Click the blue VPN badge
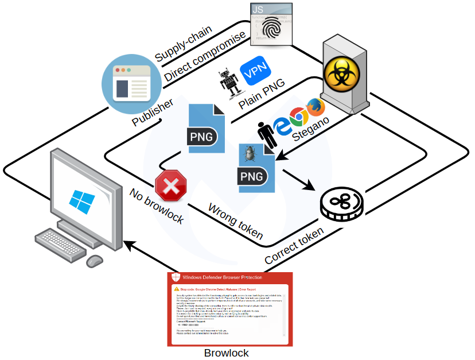pos(253,72)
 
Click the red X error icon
pos(170,185)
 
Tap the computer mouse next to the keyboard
pos(94,261)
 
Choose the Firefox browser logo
pos(314,108)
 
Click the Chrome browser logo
pos(297,117)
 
